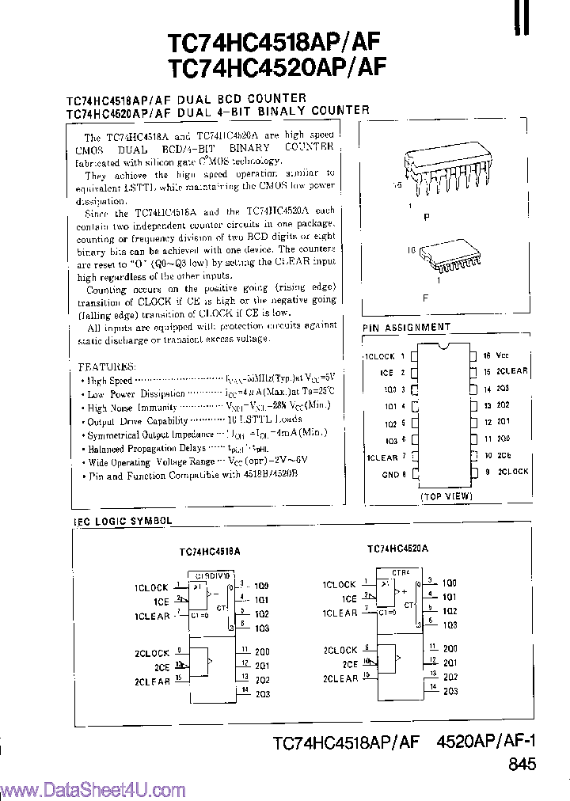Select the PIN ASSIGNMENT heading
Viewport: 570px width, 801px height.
tap(406, 327)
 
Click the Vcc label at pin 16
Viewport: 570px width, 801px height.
tap(503, 357)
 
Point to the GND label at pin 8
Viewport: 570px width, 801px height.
tap(389, 474)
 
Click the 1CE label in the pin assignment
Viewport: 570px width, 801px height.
tap(386, 373)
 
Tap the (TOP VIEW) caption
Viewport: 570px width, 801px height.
tap(446, 496)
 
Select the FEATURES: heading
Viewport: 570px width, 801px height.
tap(107, 367)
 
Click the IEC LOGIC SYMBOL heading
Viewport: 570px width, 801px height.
tap(122, 521)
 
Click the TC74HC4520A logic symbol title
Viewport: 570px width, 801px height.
tap(397, 548)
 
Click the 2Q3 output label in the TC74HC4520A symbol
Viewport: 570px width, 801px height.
tap(450, 691)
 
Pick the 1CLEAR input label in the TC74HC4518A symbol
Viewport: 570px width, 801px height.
tap(152, 616)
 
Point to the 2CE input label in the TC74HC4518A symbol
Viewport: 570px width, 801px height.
tap(161, 666)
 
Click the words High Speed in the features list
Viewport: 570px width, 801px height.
tap(110, 381)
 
